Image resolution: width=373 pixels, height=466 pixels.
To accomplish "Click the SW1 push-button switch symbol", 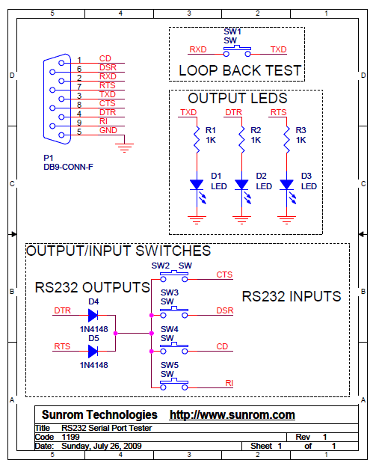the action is tap(237, 51).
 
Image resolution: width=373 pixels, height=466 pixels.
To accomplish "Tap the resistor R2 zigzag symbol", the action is tap(241, 139).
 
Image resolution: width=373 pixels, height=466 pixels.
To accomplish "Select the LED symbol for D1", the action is tap(197, 189).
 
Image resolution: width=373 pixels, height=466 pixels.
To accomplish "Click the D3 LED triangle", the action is tap(286, 184).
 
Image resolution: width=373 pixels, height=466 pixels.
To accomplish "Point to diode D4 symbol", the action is tap(93, 316).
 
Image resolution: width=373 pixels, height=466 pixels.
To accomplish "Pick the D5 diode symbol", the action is tap(93, 352).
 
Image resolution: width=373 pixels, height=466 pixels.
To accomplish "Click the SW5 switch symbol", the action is tap(174, 384).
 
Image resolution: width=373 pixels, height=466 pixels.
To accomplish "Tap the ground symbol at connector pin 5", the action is tap(124, 148).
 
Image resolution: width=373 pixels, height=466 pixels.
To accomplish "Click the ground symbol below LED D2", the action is tap(241, 220).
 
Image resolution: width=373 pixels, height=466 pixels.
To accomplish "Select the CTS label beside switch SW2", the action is tap(224, 275).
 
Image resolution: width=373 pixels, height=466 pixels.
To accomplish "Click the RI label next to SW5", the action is tap(229, 383).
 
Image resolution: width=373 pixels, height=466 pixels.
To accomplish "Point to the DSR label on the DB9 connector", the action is tap(108, 67).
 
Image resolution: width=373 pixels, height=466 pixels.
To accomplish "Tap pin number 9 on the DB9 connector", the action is tap(79, 123).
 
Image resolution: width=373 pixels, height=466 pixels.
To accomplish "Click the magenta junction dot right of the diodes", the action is tap(116, 334).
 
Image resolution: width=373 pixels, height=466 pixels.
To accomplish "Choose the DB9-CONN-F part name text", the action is tap(68, 167).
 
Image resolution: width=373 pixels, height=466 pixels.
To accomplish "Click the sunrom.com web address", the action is tap(232, 414).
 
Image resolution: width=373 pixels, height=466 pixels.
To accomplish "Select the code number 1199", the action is tap(70, 437).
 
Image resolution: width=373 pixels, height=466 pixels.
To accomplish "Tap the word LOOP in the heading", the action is tap(198, 71).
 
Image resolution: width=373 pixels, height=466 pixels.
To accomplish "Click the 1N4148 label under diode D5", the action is tap(93, 365).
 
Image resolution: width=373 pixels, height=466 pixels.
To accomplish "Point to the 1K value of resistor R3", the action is tap(300, 140).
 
